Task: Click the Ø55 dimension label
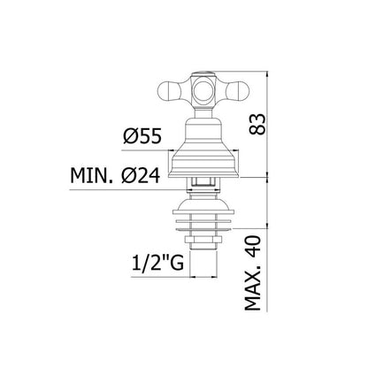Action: coord(142,136)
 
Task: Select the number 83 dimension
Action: coord(257,124)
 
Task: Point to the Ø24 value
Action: coord(141,176)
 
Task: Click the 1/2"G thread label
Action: coord(157,263)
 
